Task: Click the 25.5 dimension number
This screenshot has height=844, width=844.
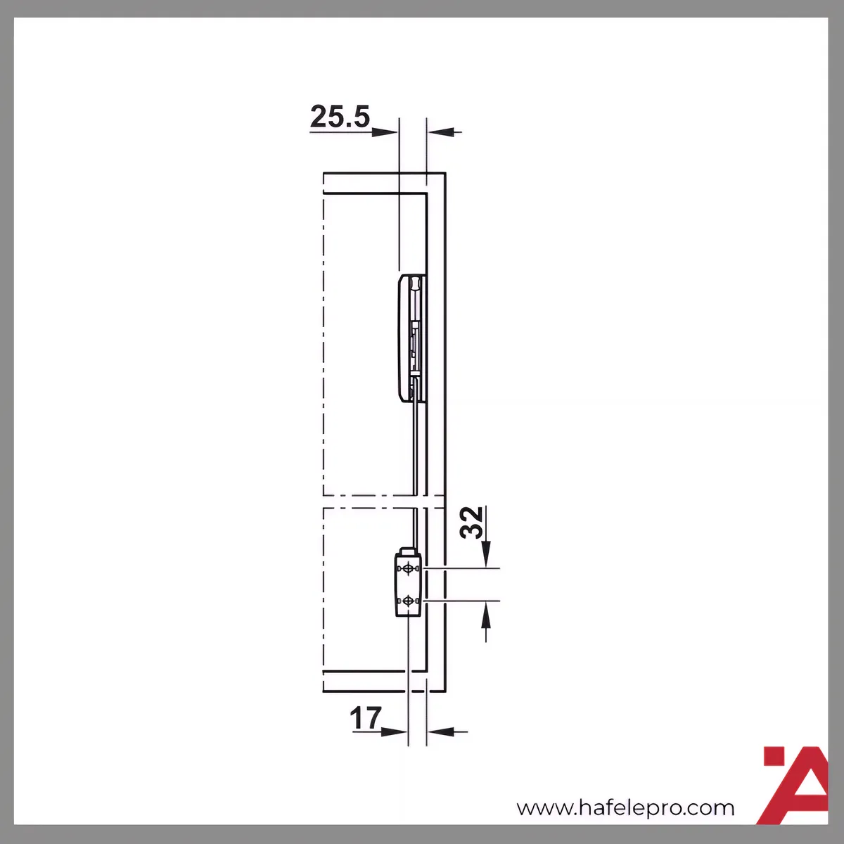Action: (x=340, y=117)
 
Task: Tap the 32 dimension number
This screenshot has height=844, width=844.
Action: (x=471, y=522)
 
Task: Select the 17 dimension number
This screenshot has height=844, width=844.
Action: (x=365, y=718)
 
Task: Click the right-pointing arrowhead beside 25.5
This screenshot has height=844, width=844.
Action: (x=385, y=132)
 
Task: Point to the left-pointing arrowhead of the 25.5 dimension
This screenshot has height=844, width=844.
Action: (x=440, y=132)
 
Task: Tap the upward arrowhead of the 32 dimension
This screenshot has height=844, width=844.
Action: (x=486, y=614)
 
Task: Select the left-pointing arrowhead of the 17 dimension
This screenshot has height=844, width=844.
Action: (x=440, y=731)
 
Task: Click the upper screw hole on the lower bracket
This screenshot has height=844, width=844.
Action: (x=408, y=568)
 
